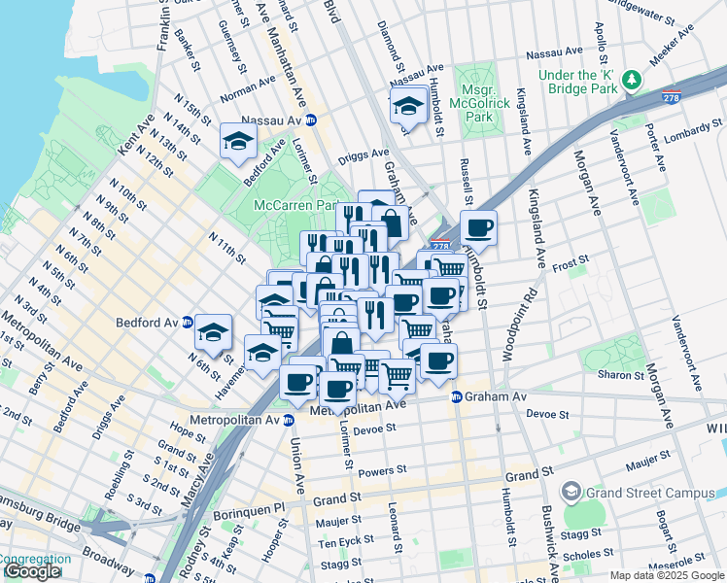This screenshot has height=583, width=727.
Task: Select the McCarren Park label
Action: [x=294, y=206]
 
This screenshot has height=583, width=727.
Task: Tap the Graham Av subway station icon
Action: [x=455, y=396]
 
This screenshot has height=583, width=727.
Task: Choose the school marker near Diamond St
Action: [x=408, y=105]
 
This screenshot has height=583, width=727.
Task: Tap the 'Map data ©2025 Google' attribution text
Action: [x=666, y=575]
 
